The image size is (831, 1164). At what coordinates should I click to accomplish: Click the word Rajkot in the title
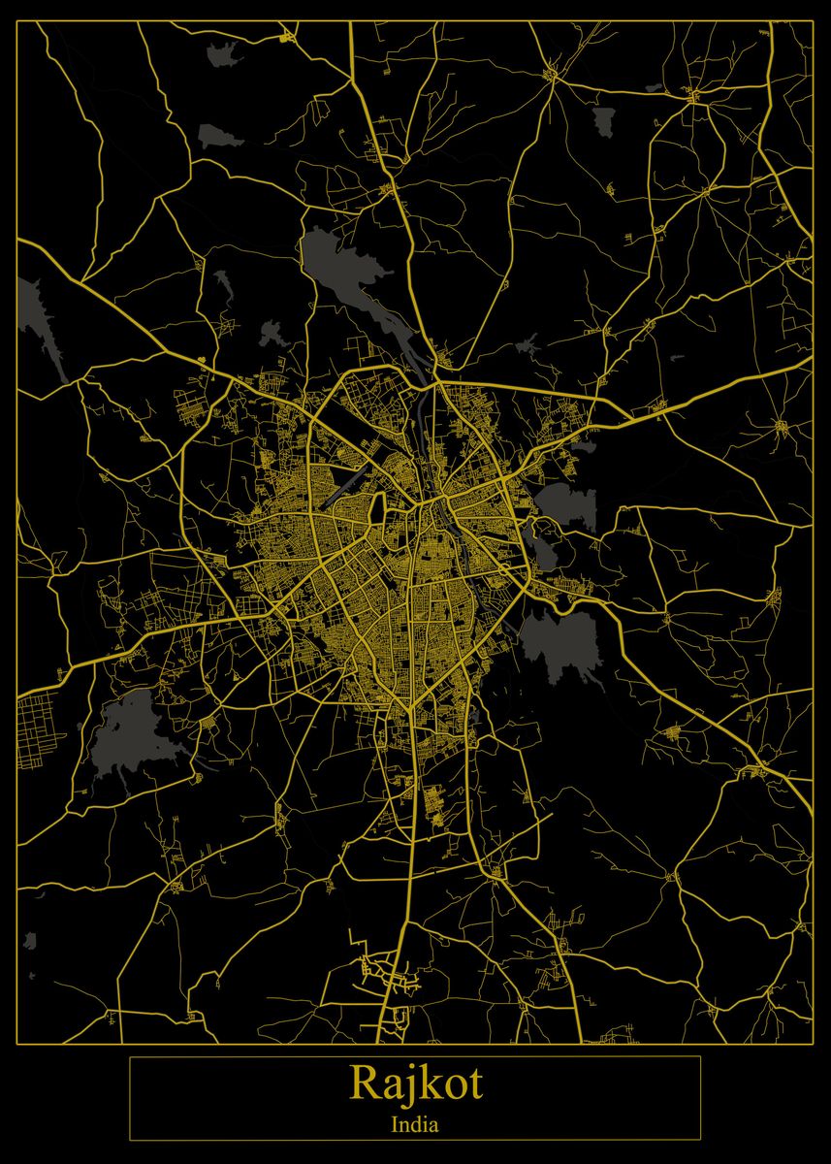(x=415, y=1083)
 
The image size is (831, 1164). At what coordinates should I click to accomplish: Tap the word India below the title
(x=415, y=1125)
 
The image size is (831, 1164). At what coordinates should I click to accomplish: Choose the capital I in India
(x=395, y=1125)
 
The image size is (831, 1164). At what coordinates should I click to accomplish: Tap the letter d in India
(x=413, y=1125)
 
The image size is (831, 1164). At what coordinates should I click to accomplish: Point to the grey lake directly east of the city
(x=565, y=504)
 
